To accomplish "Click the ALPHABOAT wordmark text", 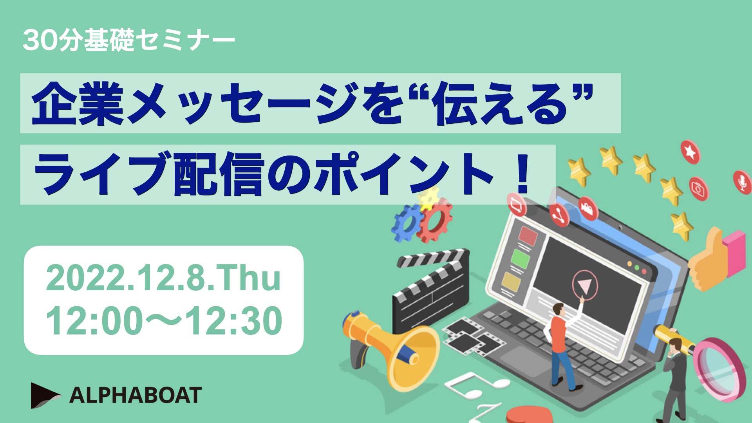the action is [136, 395].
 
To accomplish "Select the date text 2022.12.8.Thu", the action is [163, 278].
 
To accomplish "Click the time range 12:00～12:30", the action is [164, 320].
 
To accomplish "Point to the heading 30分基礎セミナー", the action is [129, 40].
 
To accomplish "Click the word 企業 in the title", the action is [78, 103].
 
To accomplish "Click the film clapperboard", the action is [431, 290].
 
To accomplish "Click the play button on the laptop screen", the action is [585, 285].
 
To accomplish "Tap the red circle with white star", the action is [690, 152].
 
